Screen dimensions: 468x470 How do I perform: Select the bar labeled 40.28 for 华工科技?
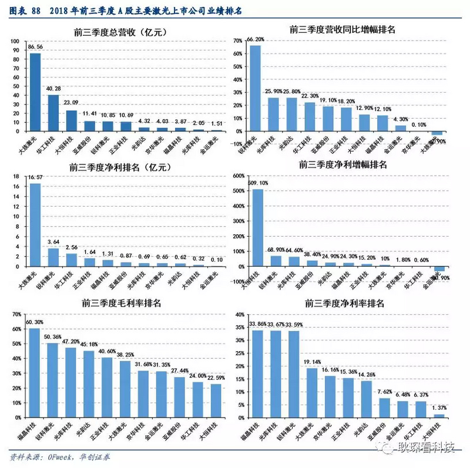click(53, 113)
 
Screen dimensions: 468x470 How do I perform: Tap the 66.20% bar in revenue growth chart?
click(255, 89)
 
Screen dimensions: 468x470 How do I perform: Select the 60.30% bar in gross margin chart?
click(35, 373)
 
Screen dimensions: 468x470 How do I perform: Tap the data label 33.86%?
click(257, 324)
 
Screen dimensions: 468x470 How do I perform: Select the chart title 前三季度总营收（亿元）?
click(118, 32)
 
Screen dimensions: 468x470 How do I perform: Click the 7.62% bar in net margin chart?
click(384, 408)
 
